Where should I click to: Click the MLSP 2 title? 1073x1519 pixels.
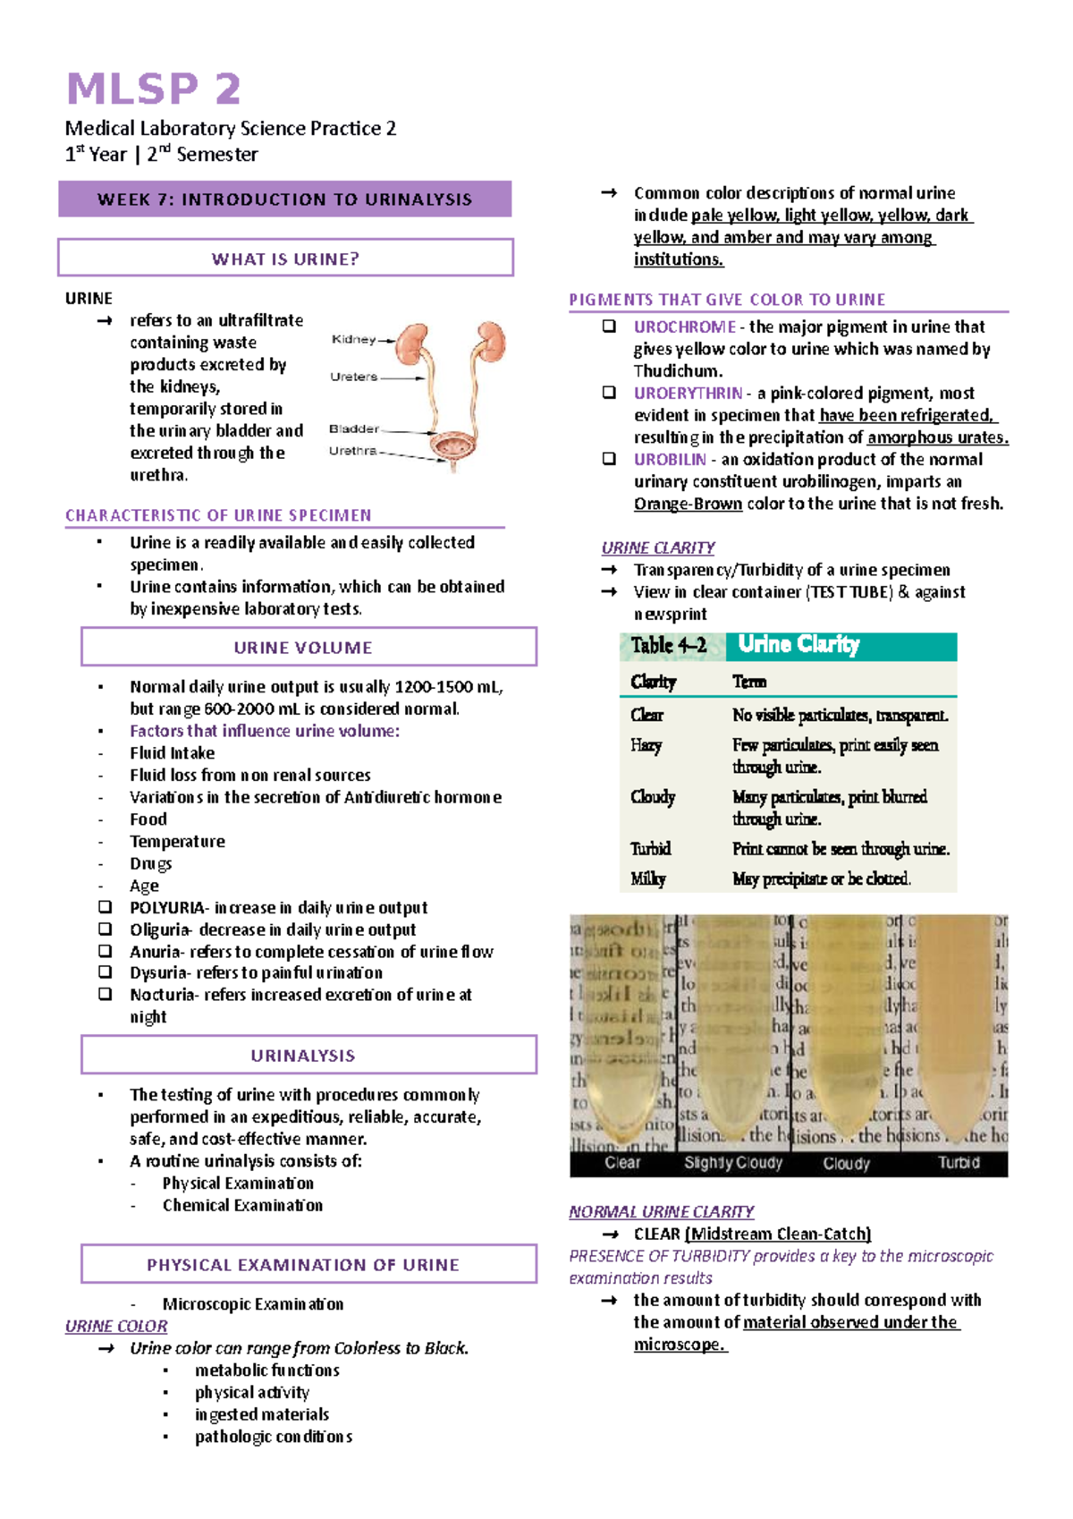pos(154,89)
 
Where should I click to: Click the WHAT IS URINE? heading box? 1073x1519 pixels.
pos(285,259)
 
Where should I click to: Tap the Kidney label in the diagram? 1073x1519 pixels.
pos(354,339)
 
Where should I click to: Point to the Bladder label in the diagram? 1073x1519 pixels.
pos(354,429)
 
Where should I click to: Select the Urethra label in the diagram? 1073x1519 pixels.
pos(352,451)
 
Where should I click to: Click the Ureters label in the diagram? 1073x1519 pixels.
pos(353,377)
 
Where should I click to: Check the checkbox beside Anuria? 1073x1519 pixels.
pos(106,951)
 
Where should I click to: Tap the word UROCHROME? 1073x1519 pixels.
pos(684,327)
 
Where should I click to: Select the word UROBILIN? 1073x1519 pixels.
pos(670,459)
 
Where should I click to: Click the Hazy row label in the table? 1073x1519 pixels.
pos(646,745)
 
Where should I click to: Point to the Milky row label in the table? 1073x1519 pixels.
pos(647,878)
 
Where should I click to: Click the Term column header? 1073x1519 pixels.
pos(749,682)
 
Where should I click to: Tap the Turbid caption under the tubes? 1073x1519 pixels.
pos(959,1163)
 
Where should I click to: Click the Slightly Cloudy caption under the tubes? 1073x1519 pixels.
pos(733,1163)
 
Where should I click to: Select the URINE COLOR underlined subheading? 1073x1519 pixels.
pos(116,1326)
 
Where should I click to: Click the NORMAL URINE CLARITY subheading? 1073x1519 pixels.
pos(662,1211)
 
